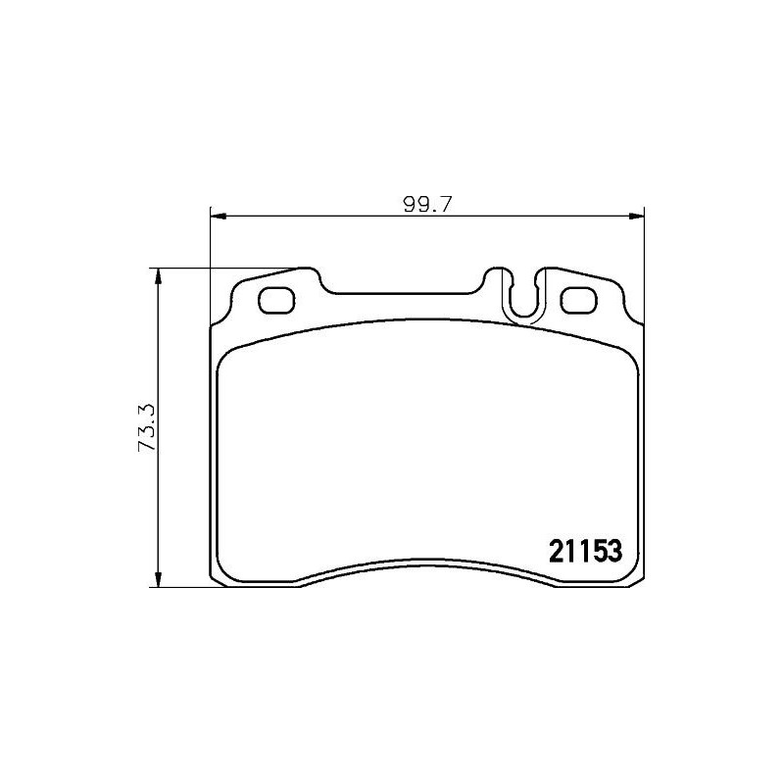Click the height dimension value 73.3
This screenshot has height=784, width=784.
point(148,428)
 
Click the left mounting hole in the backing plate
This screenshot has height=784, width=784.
point(276,300)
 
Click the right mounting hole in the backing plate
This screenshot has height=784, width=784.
point(577,300)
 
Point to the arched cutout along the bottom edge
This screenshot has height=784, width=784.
point(426,566)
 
